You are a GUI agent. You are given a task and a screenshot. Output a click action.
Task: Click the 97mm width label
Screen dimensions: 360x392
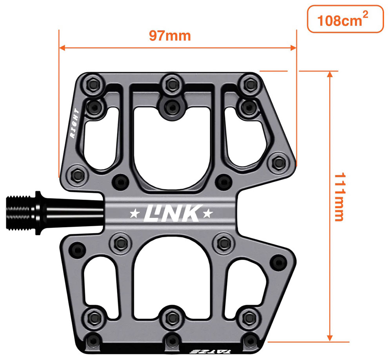pos(170,36)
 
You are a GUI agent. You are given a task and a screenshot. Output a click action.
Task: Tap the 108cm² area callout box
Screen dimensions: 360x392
pos(345,19)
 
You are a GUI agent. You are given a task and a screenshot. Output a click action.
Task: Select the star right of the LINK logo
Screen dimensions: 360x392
pos(207,214)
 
